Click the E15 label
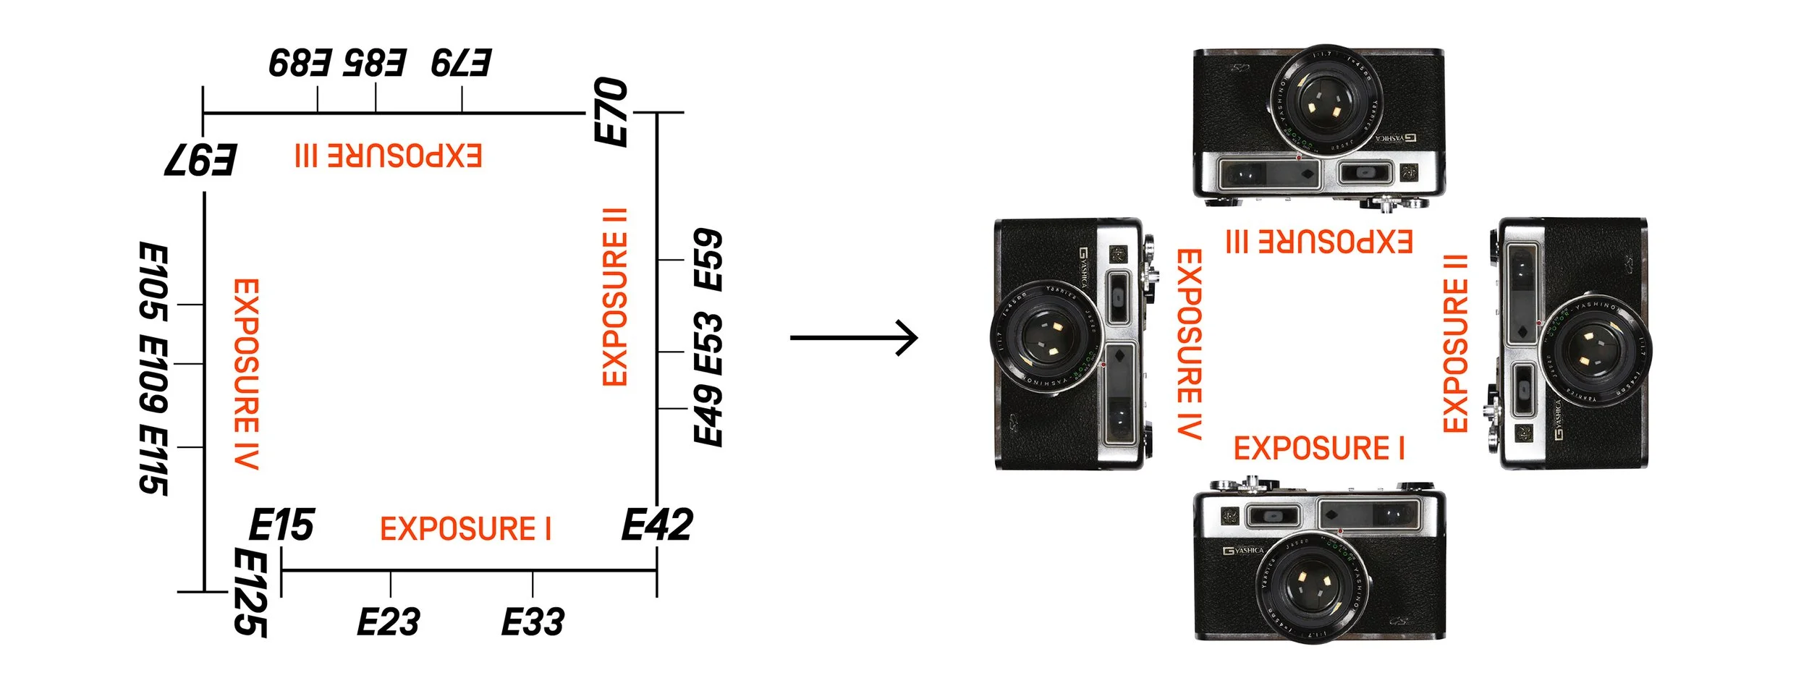pyautogui.click(x=281, y=525)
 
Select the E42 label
pyautogui.click(x=657, y=525)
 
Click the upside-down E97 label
pyautogui.click(x=200, y=160)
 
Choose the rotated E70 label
pyautogui.click(x=611, y=112)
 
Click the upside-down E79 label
pyautogui.click(x=462, y=63)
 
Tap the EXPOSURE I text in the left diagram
pyautogui.click(x=465, y=529)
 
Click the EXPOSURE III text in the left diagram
pyautogui.click(x=389, y=156)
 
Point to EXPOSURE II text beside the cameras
pyautogui.click(x=1455, y=344)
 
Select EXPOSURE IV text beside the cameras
pyautogui.click(x=1189, y=344)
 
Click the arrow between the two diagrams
pyautogui.click(x=854, y=337)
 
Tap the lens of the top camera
pyautogui.click(x=1326, y=101)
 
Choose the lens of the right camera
pyautogui.click(x=1593, y=350)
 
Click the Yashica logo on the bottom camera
pyautogui.click(x=1244, y=551)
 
